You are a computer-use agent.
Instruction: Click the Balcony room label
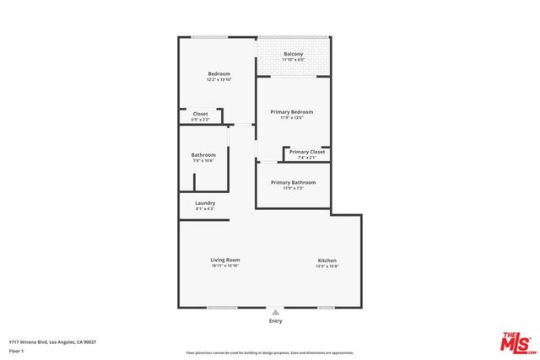point(293,55)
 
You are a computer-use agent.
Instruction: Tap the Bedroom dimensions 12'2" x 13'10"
point(219,81)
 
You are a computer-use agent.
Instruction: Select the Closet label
point(201,114)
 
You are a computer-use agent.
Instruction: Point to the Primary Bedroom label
point(292,112)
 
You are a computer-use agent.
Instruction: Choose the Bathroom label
point(203,154)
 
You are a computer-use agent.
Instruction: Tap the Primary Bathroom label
point(293,182)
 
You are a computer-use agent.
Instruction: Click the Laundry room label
point(205,202)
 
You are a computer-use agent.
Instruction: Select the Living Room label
point(225,260)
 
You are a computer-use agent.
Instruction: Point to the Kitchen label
point(327,260)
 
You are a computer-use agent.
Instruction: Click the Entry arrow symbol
point(275,312)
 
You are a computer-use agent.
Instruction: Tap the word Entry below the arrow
point(275,321)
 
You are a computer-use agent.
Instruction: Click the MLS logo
point(515,341)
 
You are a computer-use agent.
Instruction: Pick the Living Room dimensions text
point(225,266)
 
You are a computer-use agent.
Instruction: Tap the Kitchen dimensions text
point(327,266)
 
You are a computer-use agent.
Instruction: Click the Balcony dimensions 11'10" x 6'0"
point(293,61)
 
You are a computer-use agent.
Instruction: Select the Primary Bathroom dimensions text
point(293,188)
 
